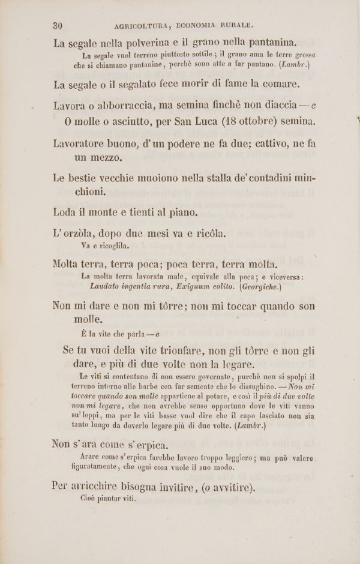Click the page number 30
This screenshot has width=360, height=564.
(x=58, y=25)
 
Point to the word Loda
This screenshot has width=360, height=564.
(x=65, y=212)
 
